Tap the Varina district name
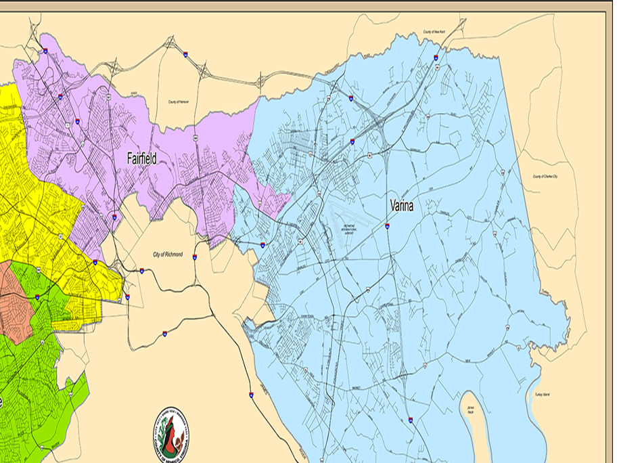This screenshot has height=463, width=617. tap(401, 205)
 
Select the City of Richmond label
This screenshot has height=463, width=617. tap(168, 254)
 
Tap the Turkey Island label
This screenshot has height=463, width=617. tap(542, 394)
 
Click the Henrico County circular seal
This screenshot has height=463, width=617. tap(172, 433)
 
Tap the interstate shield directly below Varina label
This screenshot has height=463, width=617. tap(387, 226)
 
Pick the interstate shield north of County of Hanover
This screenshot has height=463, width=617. tap(185, 53)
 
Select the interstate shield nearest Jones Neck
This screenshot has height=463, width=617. tap(410, 420)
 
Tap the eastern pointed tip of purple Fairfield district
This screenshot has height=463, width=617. tap(290, 197)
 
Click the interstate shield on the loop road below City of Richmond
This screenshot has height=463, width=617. tap(164, 334)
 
